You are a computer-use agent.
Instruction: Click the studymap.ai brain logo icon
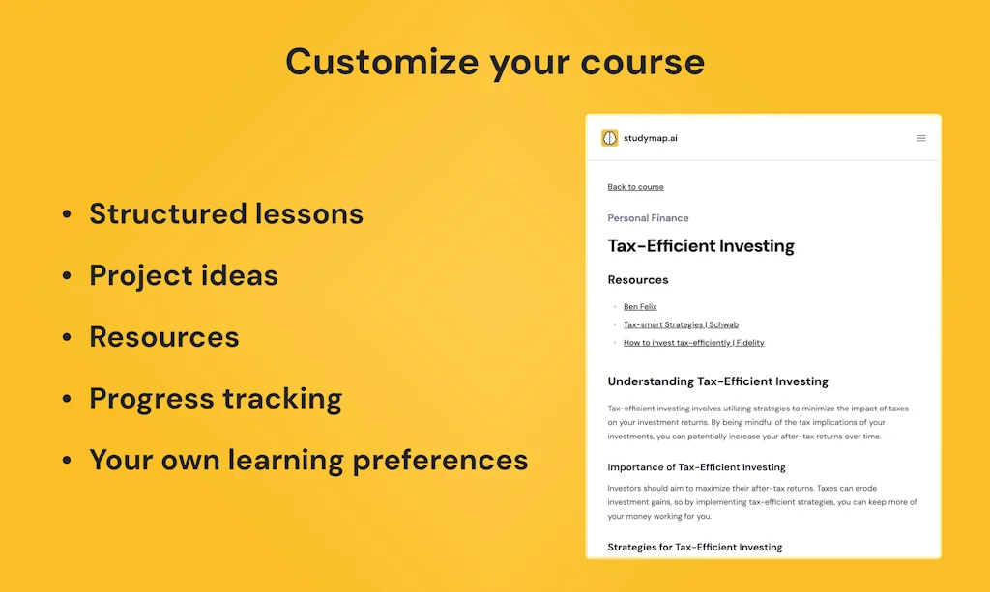point(609,138)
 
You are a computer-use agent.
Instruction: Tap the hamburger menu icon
point(921,138)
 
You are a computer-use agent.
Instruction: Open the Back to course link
point(635,187)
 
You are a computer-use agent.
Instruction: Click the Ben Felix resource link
point(640,307)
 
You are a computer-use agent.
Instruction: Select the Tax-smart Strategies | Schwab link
point(681,324)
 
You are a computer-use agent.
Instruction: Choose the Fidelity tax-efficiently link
point(693,343)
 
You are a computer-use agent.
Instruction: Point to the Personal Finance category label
point(648,218)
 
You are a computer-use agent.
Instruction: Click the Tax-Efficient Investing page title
point(701,246)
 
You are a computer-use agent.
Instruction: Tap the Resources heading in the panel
point(638,280)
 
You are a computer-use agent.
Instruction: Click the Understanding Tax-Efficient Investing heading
point(717,381)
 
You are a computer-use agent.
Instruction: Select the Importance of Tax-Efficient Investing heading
point(696,467)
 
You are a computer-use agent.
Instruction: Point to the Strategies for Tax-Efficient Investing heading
point(694,547)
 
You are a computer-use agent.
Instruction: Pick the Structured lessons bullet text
point(226,213)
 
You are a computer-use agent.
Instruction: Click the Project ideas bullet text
point(184,275)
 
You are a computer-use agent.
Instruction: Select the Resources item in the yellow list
point(164,337)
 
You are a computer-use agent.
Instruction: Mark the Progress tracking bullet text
point(216,399)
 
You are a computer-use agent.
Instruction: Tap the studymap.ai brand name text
point(651,138)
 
